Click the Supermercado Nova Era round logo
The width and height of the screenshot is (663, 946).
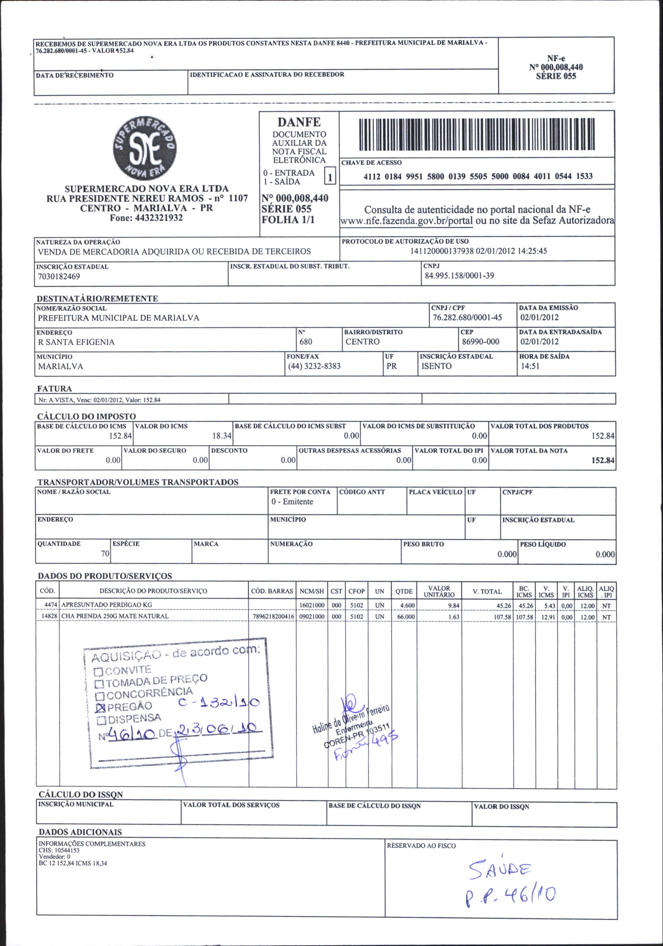(145, 148)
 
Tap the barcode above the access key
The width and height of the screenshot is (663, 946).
(477, 134)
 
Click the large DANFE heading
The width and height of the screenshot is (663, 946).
(299, 122)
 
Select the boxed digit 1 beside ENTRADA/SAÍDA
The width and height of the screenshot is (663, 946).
(330, 178)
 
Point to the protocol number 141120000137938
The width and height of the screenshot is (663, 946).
(442, 251)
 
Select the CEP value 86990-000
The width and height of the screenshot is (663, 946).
(480, 342)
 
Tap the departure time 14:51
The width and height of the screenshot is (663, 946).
(530, 366)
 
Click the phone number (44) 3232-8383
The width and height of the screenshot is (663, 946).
(314, 366)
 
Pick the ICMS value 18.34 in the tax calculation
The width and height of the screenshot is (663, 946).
(222, 435)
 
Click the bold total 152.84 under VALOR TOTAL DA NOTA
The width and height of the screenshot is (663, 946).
(603, 460)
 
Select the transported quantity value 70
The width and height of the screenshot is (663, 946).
(105, 554)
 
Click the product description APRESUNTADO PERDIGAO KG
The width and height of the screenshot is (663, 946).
(107, 605)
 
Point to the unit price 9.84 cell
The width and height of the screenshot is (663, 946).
(454, 606)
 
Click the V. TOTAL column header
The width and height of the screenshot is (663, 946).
(487, 592)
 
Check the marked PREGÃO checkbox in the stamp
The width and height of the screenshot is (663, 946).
(100, 708)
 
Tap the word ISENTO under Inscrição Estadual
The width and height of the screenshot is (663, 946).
(436, 366)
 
